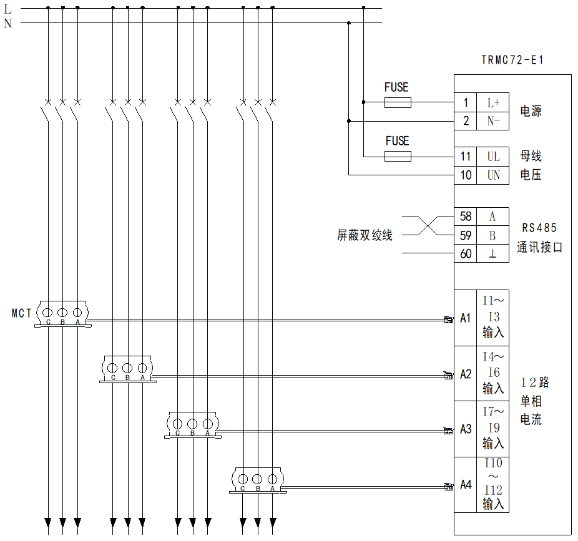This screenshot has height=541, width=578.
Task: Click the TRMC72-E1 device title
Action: point(512,61)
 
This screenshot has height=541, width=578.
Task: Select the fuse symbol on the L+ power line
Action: point(397,102)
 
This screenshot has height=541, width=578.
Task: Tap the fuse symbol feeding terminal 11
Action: point(397,156)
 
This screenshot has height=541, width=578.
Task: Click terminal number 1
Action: point(466,103)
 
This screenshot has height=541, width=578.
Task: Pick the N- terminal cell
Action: point(493,121)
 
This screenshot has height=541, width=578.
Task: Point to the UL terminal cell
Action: point(493,157)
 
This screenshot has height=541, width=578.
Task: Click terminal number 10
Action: point(466,175)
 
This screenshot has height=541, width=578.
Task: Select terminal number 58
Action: point(466,217)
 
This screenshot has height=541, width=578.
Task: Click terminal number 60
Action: point(466,254)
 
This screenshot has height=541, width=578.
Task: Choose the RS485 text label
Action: point(539,228)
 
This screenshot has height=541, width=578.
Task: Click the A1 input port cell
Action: point(466,318)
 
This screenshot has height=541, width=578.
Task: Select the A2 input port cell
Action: point(466,374)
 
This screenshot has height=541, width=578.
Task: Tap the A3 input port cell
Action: point(466,429)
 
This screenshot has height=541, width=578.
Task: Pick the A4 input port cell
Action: point(466,484)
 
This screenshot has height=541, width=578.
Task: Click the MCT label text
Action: point(21,313)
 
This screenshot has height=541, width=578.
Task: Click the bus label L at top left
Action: point(7,9)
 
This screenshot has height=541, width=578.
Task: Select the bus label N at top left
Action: point(7,24)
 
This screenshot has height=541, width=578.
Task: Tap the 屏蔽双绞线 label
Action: point(365,236)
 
